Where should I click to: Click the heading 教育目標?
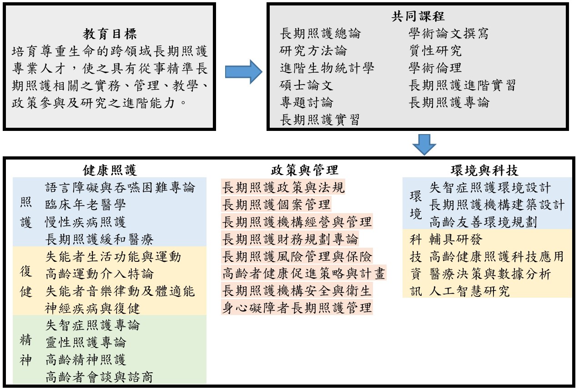pos(110,34)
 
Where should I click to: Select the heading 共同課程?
pos(418,16)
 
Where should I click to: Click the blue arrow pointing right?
pos(244,72)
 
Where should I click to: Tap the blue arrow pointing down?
pos(424,145)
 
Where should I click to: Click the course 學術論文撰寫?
pos(449,34)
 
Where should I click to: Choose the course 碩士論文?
pos(307,85)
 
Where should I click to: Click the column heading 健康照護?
pos(110,170)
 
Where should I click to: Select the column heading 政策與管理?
pos(304,170)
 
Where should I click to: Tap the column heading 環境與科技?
pos(484,170)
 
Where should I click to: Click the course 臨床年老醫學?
pos(86,205)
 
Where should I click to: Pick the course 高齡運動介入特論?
pos(100,274)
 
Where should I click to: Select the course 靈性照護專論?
pos(86,342)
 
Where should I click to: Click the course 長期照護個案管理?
pos(277,205)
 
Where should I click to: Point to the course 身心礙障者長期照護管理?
pos(297,308)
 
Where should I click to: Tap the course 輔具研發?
pos(456,239)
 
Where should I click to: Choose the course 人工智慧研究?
pos(469,291)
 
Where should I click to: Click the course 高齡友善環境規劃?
pos(483,222)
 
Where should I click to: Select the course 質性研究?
pos(435,50)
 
